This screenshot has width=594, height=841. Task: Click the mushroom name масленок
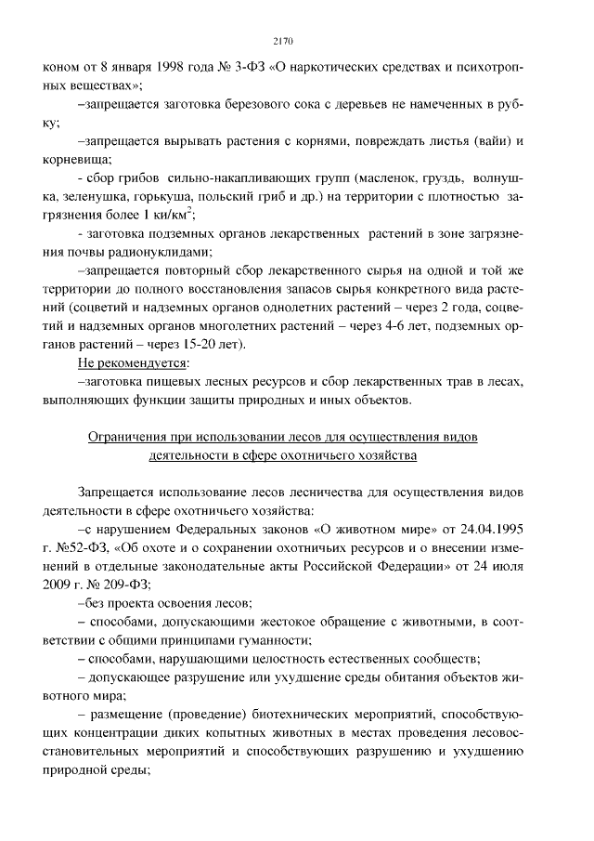pyautogui.click(x=367, y=177)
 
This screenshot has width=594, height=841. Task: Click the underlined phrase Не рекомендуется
pyautogui.click(x=132, y=361)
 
